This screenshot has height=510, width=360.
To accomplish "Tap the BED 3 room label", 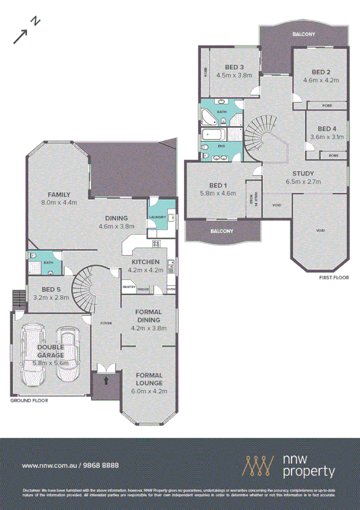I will click(234, 67).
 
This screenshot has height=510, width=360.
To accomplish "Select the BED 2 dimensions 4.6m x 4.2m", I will click(322, 79).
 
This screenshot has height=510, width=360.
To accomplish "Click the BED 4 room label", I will click(327, 129).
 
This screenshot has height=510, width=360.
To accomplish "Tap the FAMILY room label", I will click(59, 195).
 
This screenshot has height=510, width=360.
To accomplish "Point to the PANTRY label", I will click(128, 287).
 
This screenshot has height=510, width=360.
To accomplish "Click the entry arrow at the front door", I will click(106, 379).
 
